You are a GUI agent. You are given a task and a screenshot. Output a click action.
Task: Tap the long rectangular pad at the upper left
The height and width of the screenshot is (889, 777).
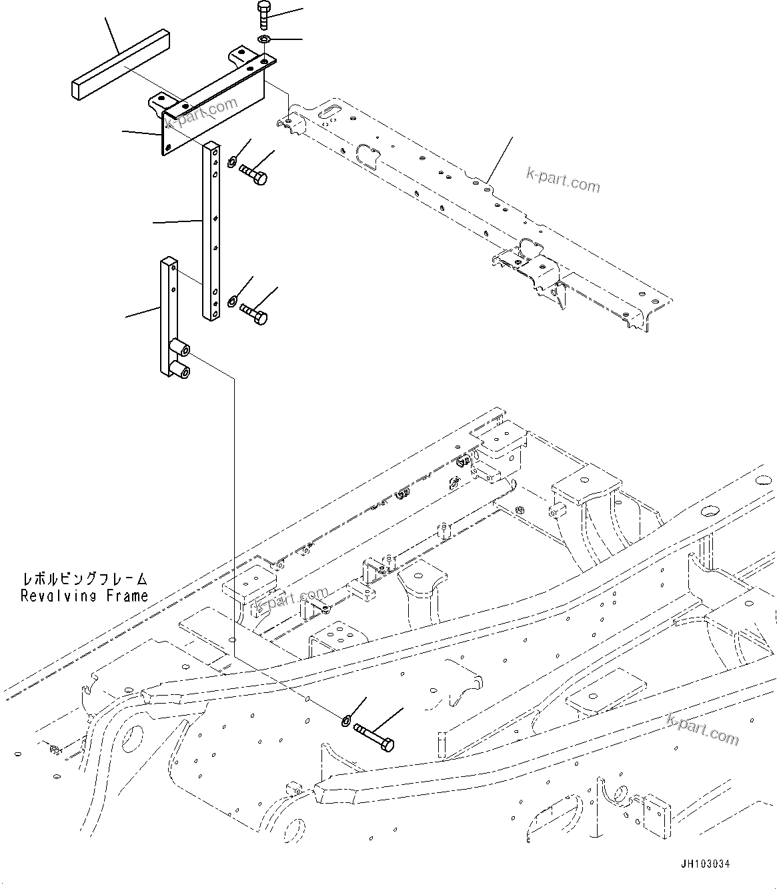119,65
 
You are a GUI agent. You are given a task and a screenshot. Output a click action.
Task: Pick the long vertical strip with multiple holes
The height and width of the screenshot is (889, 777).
211,230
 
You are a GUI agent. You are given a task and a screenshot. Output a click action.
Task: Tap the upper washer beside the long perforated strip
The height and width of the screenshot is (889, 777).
232,161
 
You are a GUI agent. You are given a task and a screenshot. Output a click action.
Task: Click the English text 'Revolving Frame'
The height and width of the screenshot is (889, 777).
84,596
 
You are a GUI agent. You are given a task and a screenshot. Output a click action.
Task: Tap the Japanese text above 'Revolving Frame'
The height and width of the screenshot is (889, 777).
84,579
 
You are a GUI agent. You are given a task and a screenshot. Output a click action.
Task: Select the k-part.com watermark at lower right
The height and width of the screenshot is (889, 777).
702,728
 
